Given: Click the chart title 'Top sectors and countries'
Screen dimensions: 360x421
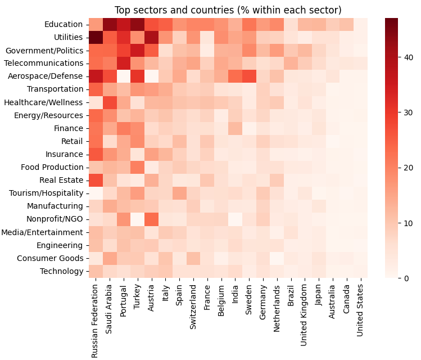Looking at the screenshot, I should click(x=228, y=10).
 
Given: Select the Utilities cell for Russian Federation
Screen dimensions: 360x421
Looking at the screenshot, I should click(x=95, y=37).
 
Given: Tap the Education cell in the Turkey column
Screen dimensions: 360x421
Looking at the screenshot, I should click(x=137, y=24).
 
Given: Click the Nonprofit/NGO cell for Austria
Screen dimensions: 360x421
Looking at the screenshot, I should click(x=151, y=219).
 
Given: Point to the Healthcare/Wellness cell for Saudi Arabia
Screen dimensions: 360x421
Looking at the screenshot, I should click(x=109, y=102).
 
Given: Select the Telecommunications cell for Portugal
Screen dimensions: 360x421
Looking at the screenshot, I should click(x=123, y=63).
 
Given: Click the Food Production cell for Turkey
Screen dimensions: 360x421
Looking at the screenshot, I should click(x=137, y=167).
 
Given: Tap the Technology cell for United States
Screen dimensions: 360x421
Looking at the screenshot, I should click(x=360, y=271).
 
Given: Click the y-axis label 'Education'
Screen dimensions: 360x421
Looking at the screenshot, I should click(x=64, y=24).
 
